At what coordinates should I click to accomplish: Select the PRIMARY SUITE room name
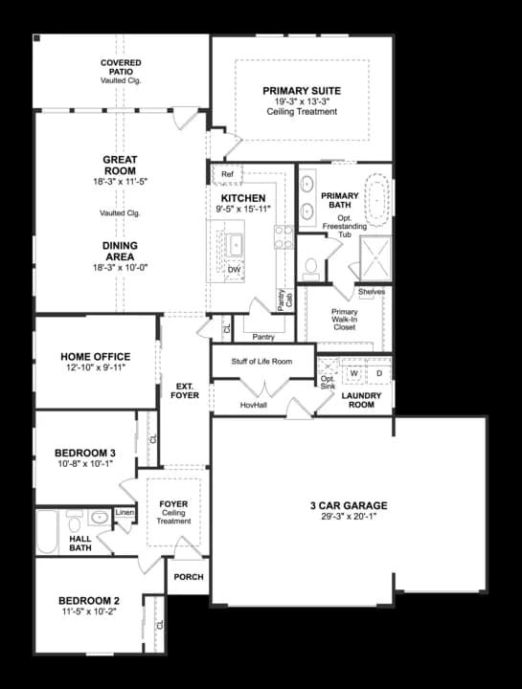(302, 91)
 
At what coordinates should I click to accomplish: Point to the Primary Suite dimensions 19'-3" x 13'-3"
(302, 101)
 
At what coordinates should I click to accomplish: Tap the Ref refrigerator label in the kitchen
(227, 174)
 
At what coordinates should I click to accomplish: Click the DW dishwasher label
(234, 270)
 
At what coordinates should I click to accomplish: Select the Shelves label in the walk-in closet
(372, 292)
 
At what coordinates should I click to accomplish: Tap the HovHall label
(254, 405)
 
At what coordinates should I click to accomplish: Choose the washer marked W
(353, 371)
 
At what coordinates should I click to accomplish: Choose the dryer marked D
(378, 371)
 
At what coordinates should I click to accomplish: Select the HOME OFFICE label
(95, 356)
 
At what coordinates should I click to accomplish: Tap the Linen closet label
(125, 513)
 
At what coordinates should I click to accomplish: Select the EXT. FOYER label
(184, 390)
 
